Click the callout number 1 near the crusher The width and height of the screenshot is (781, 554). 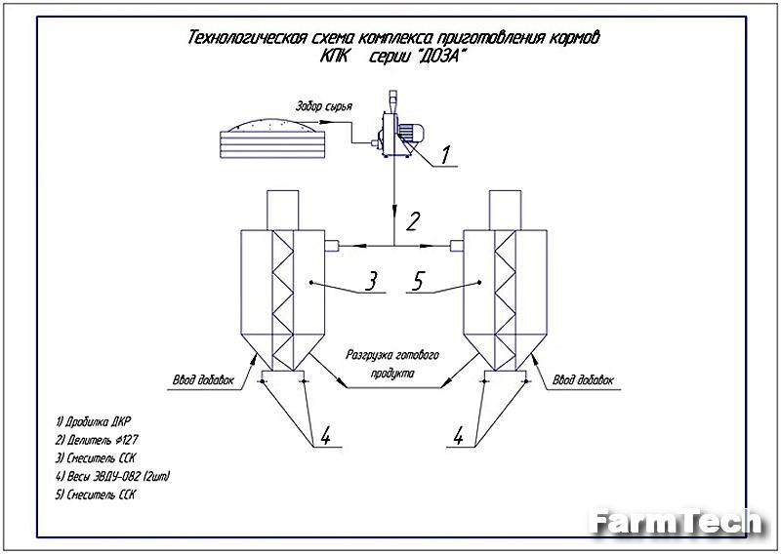coord(444,154)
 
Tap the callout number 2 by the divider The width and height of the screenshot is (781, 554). coord(413,220)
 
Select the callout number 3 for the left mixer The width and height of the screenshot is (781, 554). coord(370,283)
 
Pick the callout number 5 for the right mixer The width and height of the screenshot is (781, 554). coord(418,283)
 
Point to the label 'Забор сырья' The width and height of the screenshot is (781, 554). coord(324,106)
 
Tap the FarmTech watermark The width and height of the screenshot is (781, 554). coord(674,523)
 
